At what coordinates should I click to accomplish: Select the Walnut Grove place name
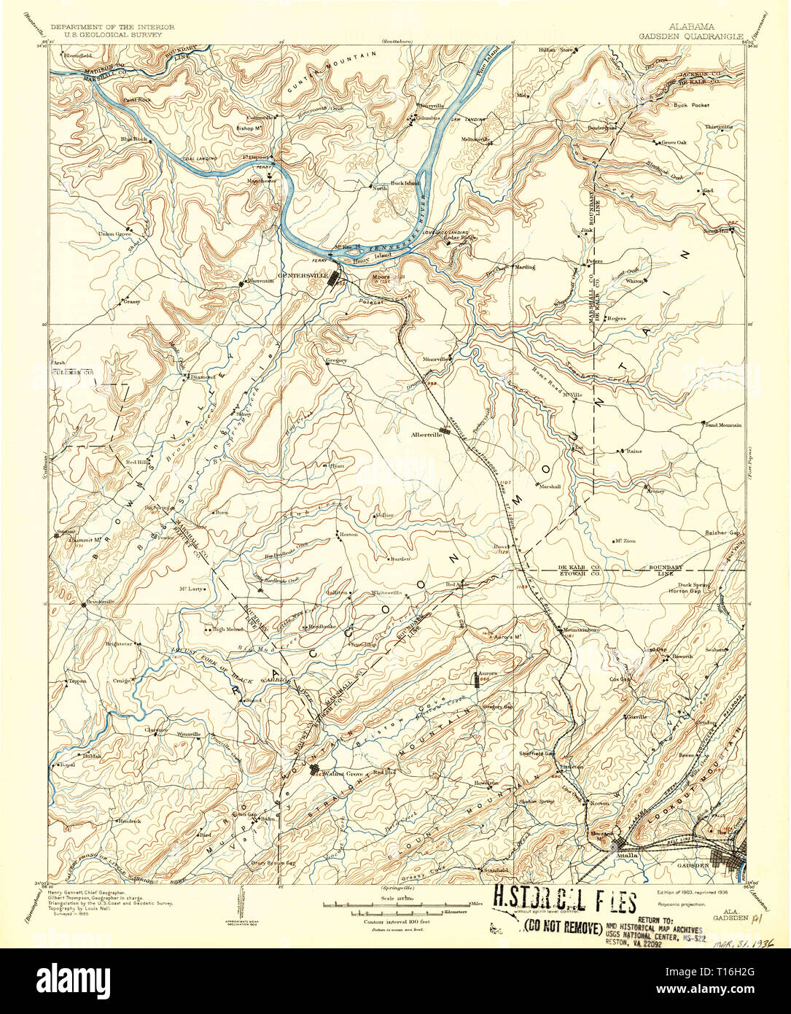pos(343,773)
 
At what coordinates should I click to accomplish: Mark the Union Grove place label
pos(114,234)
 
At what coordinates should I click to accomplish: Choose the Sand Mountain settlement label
pos(723,425)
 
